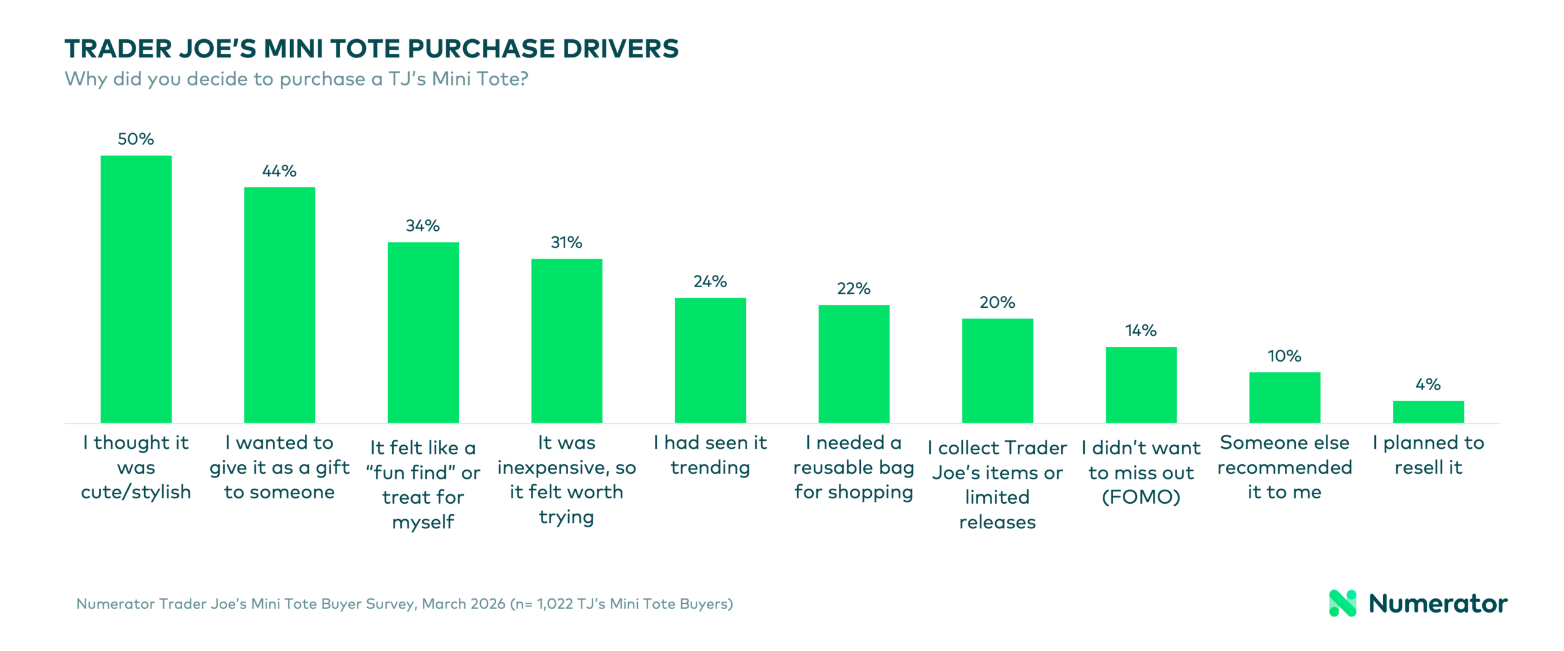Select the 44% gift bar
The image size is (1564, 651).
click(x=279, y=305)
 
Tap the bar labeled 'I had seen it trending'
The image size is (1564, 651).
click(x=710, y=360)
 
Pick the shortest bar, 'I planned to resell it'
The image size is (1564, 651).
click(x=1428, y=412)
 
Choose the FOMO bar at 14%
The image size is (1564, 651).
click(x=1141, y=385)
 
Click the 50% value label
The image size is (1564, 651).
click(x=136, y=139)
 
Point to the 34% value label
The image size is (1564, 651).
click(x=423, y=226)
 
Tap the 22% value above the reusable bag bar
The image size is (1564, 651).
click(x=853, y=289)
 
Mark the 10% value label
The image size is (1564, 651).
click(x=1284, y=356)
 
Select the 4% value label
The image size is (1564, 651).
click(x=1428, y=385)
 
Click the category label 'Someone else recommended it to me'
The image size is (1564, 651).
click(x=1284, y=467)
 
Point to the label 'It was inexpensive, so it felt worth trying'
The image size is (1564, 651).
click(x=566, y=479)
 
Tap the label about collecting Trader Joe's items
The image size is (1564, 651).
click(x=997, y=484)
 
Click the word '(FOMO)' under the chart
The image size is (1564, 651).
click(x=1141, y=497)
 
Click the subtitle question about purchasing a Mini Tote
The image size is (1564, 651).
click(x=296, y=79)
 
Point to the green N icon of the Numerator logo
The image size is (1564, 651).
click(x=1342, y=603)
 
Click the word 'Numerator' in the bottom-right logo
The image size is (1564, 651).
click(x=1438, y=604)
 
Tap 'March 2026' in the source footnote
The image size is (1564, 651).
click(x=463, y=604)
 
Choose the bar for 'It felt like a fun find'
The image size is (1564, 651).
click(x=423, y=332)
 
